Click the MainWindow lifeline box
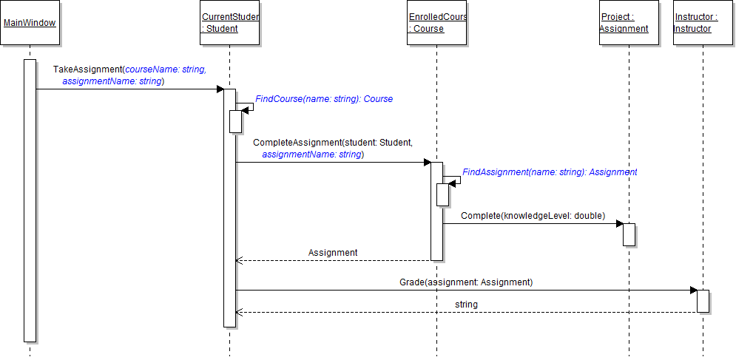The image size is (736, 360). coord(30,23)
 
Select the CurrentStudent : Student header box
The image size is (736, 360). coord(229,23)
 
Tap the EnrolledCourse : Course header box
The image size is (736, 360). coord(436,23)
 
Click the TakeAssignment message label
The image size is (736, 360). coord(129,75)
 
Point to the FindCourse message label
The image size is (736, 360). coord(324,98)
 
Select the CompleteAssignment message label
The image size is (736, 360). coord(332,148)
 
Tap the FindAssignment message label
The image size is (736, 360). coord(550,171)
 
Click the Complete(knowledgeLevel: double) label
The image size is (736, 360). coord(533,216)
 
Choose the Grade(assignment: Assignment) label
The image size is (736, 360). coord(465,282)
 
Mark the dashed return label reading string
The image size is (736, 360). coord(466,304)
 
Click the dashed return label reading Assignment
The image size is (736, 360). coord(333,252)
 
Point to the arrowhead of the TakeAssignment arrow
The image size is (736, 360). coord(220,89)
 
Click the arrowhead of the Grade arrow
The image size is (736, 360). coord(693,291)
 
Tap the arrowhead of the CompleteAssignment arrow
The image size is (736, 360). coord(427,163)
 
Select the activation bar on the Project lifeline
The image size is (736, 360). coord(629,234)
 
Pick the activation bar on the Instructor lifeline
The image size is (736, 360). coord(703,301)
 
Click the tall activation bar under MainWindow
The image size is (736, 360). coord(30,200)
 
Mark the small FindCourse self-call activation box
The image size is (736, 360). coord(235,121)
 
